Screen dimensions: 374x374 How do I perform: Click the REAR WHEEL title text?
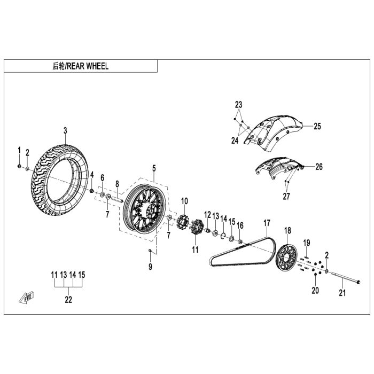[81, 66]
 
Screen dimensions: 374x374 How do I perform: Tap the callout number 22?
[68, 300]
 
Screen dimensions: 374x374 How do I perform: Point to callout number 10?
[184, 201]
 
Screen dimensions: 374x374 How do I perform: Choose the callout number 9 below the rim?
[150, 266]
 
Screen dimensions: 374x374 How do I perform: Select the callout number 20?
[315, 291]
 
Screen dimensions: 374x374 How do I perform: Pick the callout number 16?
[240, 225]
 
